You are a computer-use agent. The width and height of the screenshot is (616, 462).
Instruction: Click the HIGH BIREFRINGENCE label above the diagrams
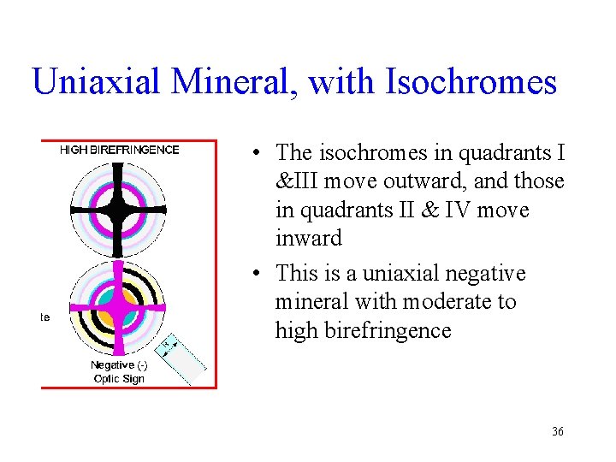point(120,150)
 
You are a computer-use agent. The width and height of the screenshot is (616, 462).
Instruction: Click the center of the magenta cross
point(119,308)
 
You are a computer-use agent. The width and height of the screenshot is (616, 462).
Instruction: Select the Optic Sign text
point(119,378)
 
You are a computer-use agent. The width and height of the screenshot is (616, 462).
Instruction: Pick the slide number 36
point(557,432)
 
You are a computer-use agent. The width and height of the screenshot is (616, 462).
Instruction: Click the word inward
point(308,238)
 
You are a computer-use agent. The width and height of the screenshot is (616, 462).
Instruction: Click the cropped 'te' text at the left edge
point(44,317)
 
